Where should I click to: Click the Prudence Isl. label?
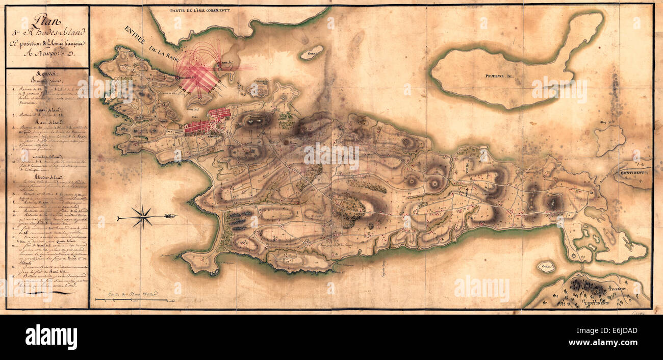click(x=498, y=76)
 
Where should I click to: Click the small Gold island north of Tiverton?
click(x=546, y=267)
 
